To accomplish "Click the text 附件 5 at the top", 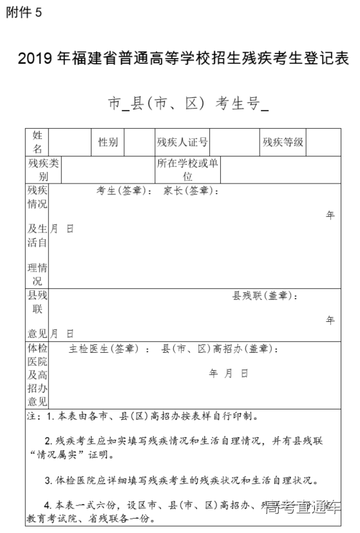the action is point(24,14).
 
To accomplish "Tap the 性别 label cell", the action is point(108,142).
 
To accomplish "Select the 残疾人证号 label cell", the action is point(183,142).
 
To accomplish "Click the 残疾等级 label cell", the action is point(283,142).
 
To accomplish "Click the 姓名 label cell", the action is point(37,142).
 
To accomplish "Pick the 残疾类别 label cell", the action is point(43,170).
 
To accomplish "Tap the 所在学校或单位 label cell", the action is point(187,170).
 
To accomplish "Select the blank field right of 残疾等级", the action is point(323,142).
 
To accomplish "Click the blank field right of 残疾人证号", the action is point(234,142).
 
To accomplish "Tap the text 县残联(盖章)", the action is point(265,296).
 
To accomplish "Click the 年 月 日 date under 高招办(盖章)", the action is point(229,373).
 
